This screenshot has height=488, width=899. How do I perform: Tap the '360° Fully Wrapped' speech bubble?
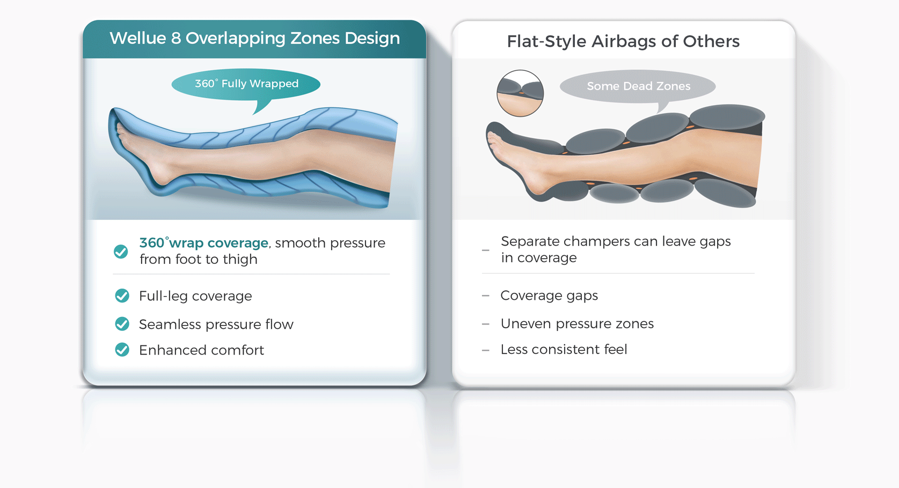[x=246, y=84]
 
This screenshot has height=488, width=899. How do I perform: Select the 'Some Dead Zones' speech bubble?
[x=638, y=86]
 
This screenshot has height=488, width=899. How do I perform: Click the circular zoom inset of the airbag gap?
[x=520, y=93]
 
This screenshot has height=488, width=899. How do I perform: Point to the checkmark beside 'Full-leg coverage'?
[x=122, y=296]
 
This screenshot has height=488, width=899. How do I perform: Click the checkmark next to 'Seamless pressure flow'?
[x=122, y=324]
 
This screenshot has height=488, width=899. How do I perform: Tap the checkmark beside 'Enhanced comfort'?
[x=122, y=350]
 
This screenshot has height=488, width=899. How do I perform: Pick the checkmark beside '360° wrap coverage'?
[x=121, y=252]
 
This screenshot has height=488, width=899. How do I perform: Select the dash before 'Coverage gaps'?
[x=486, y=296]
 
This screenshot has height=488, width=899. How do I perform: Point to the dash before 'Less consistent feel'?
[x=486, y=350]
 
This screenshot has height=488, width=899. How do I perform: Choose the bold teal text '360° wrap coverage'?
[x=203, y=243]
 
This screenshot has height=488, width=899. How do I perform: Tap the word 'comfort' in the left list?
[x=237, y=350]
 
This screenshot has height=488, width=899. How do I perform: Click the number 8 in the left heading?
[x=176, y=39]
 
